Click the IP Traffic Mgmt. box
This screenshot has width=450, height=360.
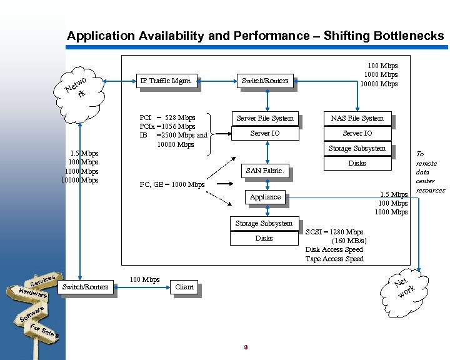click(x=166, y=81)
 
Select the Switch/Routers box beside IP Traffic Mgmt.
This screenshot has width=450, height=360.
click(x=265, y=81)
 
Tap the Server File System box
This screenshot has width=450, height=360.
click(x=265, y=118)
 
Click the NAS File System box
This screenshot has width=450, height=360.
click(x=357, y=118)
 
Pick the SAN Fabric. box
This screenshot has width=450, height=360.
click(x=265, y=171)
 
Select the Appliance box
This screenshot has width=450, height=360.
click(x=265, y=197)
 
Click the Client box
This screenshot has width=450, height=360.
click(x=184, y=287)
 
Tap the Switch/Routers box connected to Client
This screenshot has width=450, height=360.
click(x=85, y=287)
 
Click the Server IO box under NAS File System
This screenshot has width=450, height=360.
click(x=357, y=133)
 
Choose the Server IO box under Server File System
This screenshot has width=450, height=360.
click(x=265, y=133)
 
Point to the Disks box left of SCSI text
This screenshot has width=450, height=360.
click(x=264, y=238)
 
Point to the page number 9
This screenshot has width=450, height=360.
click(x=246, y=347)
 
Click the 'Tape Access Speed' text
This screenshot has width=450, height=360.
click(x=334, y=259)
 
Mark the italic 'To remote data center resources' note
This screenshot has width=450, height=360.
click(x=430, y=172)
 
